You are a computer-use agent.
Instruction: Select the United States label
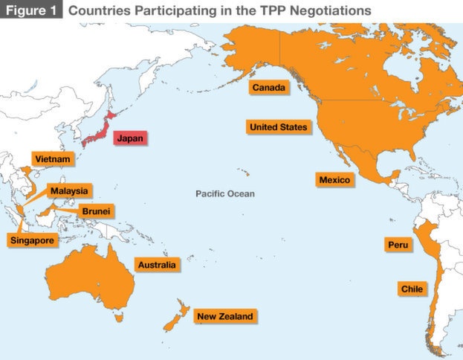point(277,127)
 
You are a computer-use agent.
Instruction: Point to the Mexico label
point(334,180)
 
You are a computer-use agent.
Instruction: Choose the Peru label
point(398,245)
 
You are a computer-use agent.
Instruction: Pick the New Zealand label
point(224,316)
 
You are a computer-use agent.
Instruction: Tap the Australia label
point(157,265)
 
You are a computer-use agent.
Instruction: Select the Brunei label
point(97,211)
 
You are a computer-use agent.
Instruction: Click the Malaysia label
point(68,191)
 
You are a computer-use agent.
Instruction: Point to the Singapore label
point(31,240)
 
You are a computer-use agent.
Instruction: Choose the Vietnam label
point(51,159)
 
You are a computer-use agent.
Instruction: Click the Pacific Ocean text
point(224,194)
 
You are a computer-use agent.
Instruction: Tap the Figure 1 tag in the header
point(31,10)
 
